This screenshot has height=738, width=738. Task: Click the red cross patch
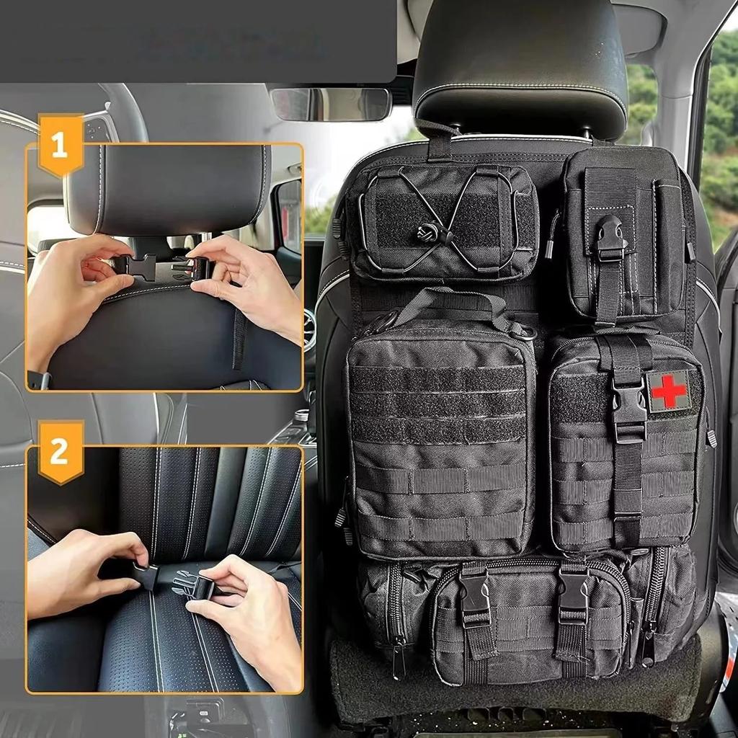(668, 390)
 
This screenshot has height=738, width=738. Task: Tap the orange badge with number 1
(60, 145)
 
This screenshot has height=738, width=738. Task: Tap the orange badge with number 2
(60, 453)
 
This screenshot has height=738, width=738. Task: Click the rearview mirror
(331, 105)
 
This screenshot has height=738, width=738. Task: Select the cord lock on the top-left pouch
(424, 234)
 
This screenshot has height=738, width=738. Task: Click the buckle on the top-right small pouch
(610, 239)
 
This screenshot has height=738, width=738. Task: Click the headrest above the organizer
(519, 65)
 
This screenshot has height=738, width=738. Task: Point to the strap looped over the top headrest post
(438, 141)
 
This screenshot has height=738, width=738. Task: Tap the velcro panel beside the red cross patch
(580, 397)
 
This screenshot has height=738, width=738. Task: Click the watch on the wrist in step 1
(39, 380)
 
